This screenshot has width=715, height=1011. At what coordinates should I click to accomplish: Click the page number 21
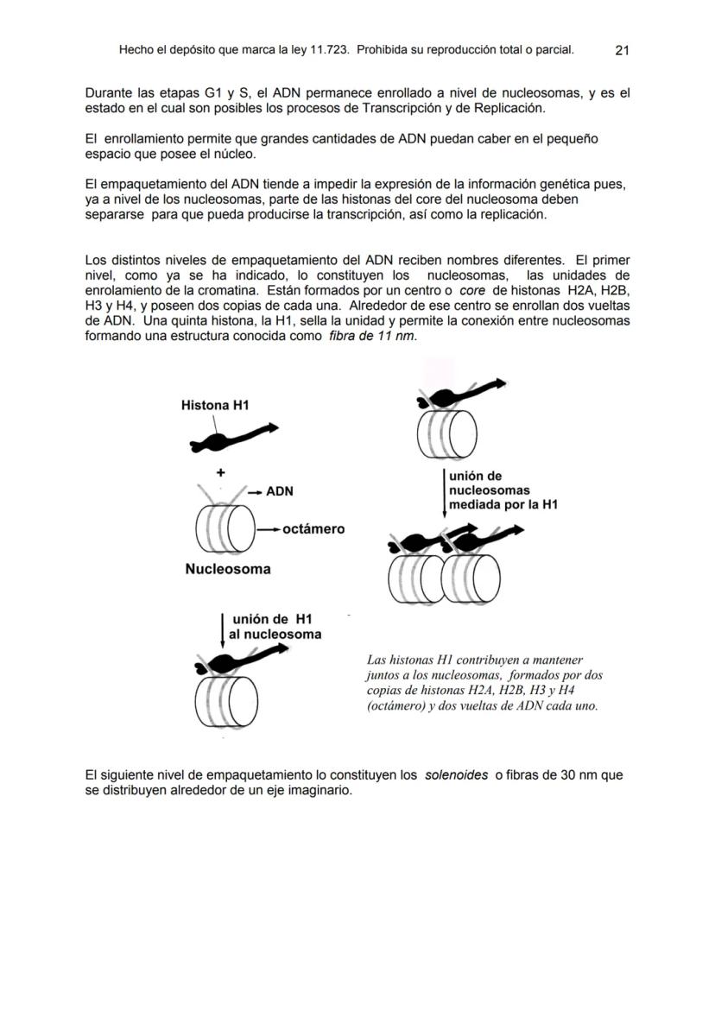coord(622,50)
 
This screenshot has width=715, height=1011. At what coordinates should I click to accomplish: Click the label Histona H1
coord(215,405)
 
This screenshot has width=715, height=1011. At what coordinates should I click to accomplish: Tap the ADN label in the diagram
coord(279,491)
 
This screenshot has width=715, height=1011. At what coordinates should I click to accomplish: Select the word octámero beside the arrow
coord(313,528)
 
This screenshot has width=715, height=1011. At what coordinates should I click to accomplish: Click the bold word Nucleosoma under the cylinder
coord(228,569)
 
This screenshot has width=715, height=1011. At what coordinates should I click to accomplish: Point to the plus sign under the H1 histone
coord(221,472)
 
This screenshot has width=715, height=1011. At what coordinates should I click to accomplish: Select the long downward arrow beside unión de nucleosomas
coord(444,492)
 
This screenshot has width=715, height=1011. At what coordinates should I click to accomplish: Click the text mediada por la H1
coord(503,504)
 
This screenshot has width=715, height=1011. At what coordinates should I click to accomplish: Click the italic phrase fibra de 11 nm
coord(372,336)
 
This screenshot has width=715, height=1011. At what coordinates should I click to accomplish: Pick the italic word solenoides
coord(456,775)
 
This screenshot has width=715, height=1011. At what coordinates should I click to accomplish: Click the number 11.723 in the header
coord(328,50)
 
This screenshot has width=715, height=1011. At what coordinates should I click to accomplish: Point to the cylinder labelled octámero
coord(226,528)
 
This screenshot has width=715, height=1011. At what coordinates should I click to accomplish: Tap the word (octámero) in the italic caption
coord(397,705)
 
